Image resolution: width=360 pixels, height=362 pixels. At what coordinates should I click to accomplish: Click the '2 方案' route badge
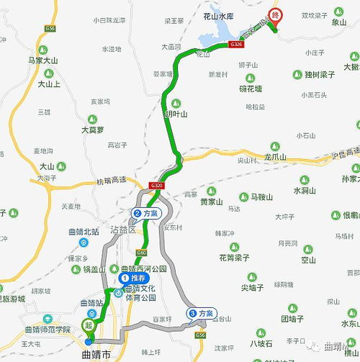[147, 213]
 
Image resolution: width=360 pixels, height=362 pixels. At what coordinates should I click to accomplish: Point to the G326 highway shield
[236, 45]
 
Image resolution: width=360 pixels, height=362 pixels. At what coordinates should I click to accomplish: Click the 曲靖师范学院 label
[67, 329]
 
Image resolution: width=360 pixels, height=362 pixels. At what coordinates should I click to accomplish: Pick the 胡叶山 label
[175, 114]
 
